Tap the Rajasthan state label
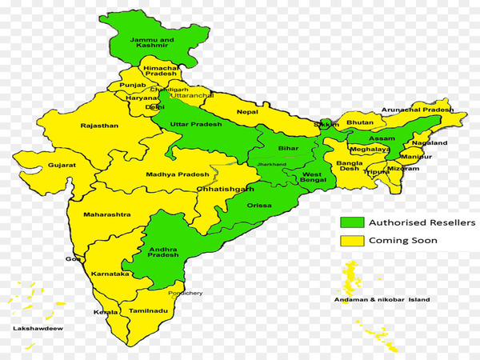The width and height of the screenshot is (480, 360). click(99, 126)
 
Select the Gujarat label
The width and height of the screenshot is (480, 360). click(61, 165)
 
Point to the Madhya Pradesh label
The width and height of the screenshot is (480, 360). click(178, 174)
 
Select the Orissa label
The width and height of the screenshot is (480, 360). click(258, 206)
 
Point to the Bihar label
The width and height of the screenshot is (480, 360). click(287, 149)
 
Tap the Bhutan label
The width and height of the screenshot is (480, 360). click(359, 122)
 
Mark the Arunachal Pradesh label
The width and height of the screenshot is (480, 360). click(417, 110)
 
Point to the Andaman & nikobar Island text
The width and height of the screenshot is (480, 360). click(382, 300)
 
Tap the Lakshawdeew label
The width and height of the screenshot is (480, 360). click(37, 328)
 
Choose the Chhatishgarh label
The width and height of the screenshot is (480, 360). click(225, 189)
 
